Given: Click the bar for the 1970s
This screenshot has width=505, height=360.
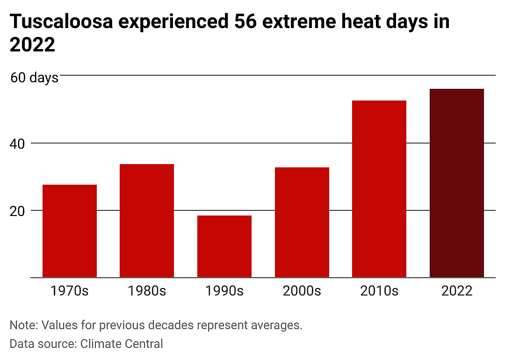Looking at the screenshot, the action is tap(70, 231).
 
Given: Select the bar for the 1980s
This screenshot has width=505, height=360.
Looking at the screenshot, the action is tap(147, 221).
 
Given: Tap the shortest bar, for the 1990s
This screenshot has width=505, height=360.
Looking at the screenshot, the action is tap(224, 246).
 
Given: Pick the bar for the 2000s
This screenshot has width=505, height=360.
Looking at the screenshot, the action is tap(302, 222).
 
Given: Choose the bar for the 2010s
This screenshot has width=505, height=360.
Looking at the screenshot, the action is tap(379, 189).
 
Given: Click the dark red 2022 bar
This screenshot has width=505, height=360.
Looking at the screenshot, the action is tap(457, 183).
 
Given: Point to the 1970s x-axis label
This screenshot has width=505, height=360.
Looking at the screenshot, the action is tap(70, 291).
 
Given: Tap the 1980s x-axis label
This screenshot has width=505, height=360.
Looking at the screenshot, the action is tap(147, 291).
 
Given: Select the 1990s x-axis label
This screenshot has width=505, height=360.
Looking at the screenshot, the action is tap(224, 291).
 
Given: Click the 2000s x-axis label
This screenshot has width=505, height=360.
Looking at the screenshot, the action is tap(302, 291).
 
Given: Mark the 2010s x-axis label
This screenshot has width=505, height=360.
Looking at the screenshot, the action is tap(379, 291).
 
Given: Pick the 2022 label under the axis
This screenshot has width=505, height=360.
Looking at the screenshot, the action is tap(457, 291).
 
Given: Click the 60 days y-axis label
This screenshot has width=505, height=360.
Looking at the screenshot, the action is tap(35, 78).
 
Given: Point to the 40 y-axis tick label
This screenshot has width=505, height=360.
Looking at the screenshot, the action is tap(17, 144).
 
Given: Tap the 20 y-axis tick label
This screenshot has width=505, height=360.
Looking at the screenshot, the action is tap(17, 211).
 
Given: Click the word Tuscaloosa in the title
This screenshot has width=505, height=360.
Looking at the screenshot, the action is tap(62, 22).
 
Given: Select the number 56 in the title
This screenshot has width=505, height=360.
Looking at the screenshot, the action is tap(245, 22).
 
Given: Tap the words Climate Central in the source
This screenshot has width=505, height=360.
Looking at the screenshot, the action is tap(122, 344).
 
